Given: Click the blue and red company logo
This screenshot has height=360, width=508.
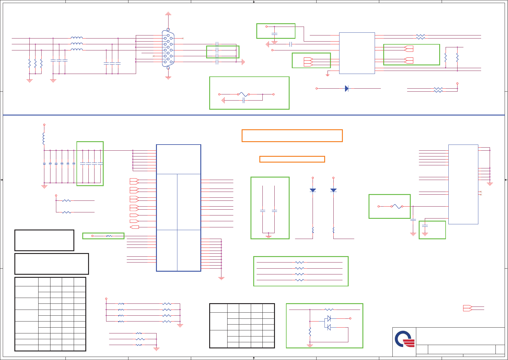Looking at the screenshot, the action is (x=404, y=339).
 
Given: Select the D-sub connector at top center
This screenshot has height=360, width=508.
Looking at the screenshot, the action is (x=168, y=49).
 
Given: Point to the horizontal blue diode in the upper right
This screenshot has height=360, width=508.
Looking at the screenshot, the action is (x=347, y=88).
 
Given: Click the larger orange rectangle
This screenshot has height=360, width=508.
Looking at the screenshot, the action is (x=292, y=136).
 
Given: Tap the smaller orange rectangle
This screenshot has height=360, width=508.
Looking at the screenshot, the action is (x=292, y=159).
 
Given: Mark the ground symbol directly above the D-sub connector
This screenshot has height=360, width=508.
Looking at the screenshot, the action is (x=168, y=14).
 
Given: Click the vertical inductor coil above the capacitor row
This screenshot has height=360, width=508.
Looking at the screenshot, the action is (x=44, y=138).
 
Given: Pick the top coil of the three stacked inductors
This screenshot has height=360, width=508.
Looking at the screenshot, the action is (x=76, y=38).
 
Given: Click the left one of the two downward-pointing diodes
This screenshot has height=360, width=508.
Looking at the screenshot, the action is (x=313, y=190).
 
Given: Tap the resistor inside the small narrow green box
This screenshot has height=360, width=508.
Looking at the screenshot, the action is (x=109, y=236).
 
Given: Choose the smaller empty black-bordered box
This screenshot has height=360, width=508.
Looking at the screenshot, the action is (x=44, y=240).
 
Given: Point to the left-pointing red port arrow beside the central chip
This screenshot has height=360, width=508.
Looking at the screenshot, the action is (x=134, y=227).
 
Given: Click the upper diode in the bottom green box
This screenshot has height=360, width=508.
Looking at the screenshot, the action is (x=329, y=318).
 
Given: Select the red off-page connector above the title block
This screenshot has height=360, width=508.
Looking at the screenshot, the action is (x=468, y=308).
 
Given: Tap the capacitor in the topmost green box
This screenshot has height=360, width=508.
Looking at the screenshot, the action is (x=274, y=33).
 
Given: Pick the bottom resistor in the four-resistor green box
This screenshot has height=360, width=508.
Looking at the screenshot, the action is (x=299, y=280).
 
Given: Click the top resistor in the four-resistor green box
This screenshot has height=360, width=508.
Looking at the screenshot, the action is (x=299, y=262).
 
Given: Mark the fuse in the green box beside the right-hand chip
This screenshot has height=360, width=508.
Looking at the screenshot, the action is (x=396, y=206).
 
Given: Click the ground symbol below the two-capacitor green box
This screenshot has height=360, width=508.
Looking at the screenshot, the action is (x=269, y=236).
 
